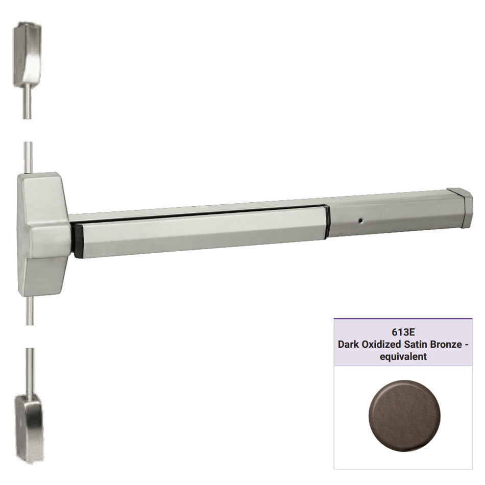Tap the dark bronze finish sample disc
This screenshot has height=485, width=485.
coord(404,413)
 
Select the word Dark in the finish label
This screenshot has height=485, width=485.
coord(349,345)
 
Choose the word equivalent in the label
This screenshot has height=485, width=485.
coord(403,357)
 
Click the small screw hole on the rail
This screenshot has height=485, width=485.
coord(361,222)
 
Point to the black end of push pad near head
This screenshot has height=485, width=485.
coord(78,240)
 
